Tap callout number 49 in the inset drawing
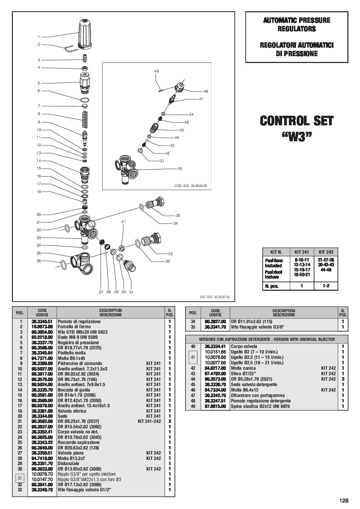156,71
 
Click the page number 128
344,500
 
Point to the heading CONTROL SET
297,121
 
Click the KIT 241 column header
301,252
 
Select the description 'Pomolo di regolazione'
79,321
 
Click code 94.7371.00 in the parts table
42,358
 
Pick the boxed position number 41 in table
193,357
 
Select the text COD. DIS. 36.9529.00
191,186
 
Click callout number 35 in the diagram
178,216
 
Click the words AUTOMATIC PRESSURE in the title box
296,20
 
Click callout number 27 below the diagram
100,292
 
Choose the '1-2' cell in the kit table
326,286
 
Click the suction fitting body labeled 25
81,262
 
